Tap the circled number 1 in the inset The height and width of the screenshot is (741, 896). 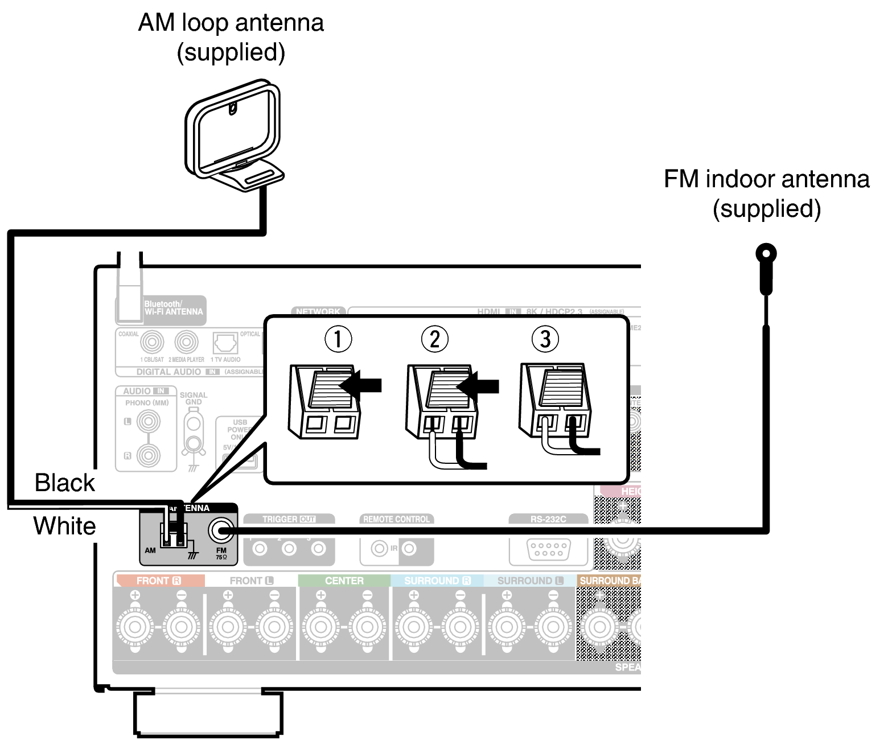tap(338, 339)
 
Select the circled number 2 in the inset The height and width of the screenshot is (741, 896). tap(434, 339)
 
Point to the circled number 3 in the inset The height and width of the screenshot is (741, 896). tap(545, 339)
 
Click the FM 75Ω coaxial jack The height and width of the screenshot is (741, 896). tap(220, 531)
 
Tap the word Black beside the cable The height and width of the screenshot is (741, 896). tap(64, 483)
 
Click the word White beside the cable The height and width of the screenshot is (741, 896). tap(64, 525)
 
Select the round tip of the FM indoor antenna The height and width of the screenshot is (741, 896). tap(766, 253)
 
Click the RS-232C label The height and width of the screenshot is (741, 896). tap(548, 519)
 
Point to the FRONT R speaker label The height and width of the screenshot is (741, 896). tap(159, 581)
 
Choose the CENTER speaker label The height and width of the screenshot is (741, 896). tap(344, 581)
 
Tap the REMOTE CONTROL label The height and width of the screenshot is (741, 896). tap(396, 519)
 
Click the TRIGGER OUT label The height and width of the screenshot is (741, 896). tap(289, 519)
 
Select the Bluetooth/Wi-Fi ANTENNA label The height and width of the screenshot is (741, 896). tap(173, 308)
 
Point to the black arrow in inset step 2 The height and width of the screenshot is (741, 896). tap(478, 386)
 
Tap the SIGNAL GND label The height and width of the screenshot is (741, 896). tap(194, 398)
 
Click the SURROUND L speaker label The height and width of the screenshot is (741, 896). tap(529, 581)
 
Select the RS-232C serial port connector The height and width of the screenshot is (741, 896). tap(548, 549)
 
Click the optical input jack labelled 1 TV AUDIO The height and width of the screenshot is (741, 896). tap(225, 343)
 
